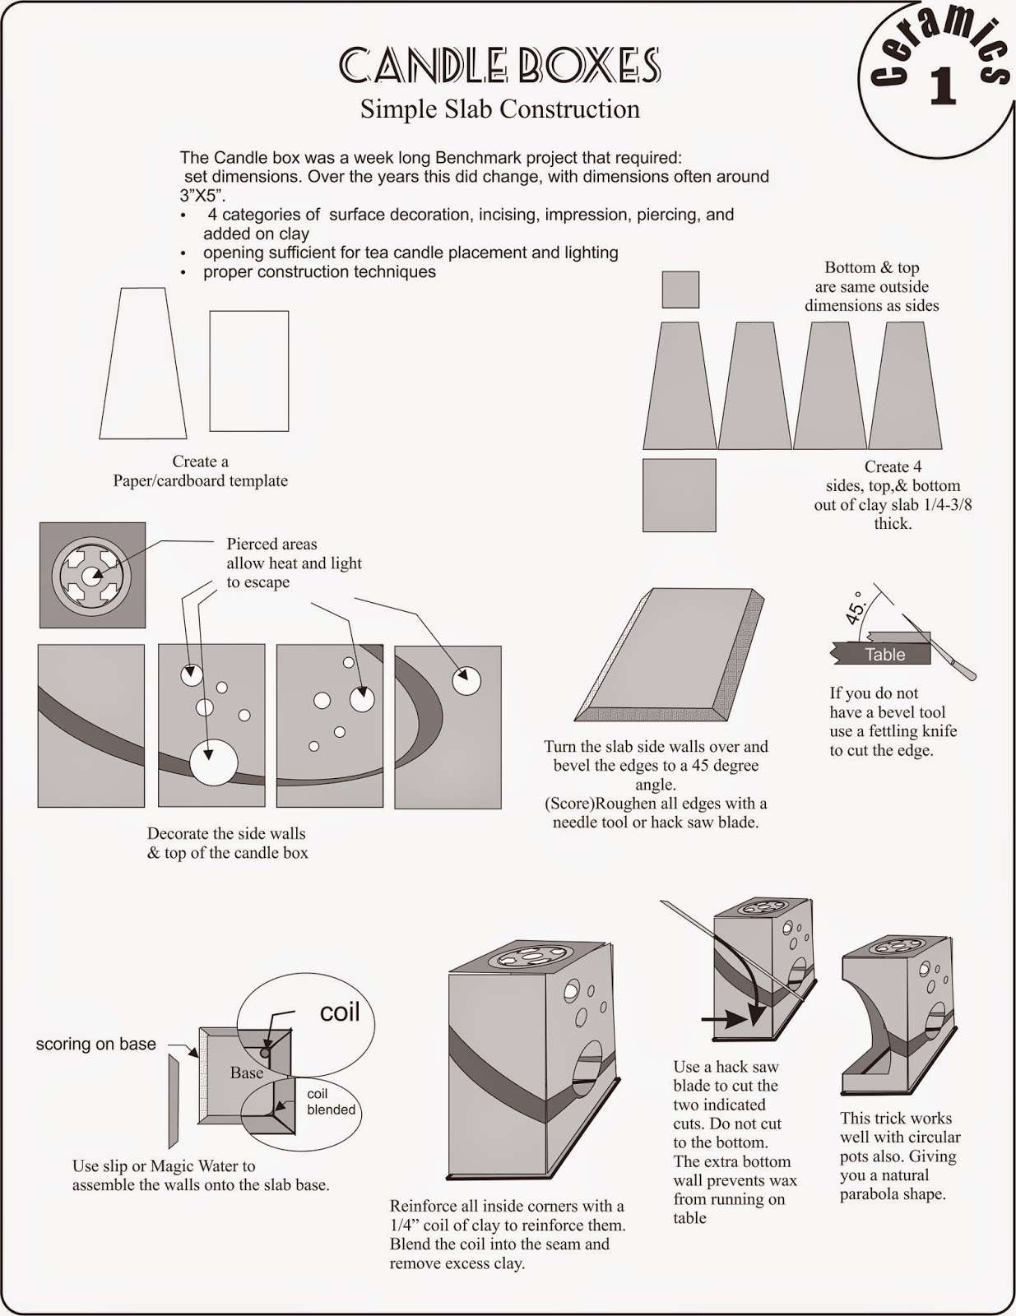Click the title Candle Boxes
(499, 66)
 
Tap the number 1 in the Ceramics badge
(943, 86)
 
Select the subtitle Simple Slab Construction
(499, 109)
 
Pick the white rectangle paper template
(248, 371)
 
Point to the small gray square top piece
(680, 290)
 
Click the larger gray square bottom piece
(679, 495)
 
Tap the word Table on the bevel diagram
(884, 655)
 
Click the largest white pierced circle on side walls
(213, 762)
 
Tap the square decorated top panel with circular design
(92, 575)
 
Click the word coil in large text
(340, 1012)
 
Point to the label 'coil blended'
(331, 1102)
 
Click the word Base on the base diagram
(246, 1073)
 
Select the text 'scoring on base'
(95, 1044)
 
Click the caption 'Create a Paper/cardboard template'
(200, 471)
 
